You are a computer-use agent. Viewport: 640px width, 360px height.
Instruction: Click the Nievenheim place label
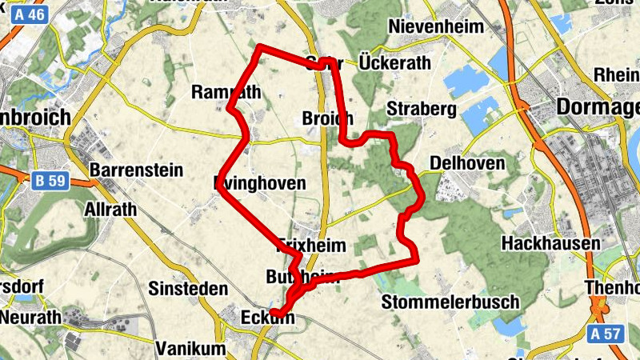[x=436, y=26]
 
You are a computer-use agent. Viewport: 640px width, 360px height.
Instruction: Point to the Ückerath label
[x=394, y=62]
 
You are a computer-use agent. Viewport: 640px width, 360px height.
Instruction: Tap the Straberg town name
[x=420, y=108]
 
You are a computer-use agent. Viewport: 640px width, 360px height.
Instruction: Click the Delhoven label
[x=467, y=163]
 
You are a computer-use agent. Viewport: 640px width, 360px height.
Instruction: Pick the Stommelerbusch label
[x=450, y=302]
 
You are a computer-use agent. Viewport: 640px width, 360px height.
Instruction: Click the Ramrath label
[x=226, y=92]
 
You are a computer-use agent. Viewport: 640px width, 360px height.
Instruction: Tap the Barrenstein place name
[x=136, y=170]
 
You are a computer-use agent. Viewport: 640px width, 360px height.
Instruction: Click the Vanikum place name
[x=191, y=349]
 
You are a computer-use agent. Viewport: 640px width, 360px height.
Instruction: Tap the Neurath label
[x=30, y=317]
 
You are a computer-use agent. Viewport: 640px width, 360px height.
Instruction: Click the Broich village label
[x=328, y=118]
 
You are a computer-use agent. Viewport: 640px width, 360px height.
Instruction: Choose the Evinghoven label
[x=260, y=183]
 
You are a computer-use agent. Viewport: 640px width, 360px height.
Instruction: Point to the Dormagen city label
[x=598, y=106]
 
